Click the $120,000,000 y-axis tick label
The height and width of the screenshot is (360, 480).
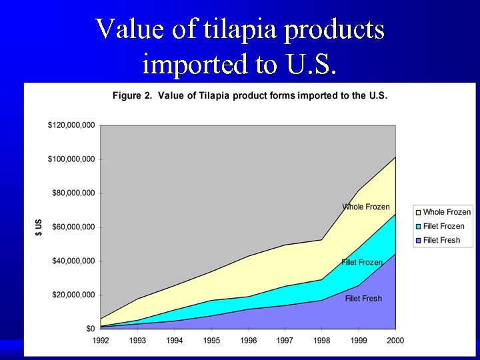71,125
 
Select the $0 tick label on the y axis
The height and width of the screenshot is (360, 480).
89,329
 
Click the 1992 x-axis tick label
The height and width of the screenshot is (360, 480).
100,340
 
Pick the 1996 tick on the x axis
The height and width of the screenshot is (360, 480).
248,340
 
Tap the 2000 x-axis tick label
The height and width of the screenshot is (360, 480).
395,340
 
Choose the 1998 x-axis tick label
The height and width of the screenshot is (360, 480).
322,340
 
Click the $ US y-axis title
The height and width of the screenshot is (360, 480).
39,227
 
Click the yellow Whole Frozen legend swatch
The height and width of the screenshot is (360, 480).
418,213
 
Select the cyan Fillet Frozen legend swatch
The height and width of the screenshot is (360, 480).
418,227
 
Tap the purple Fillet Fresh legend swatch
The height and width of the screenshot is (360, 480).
418,241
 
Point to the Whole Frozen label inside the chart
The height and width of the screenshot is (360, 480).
365,207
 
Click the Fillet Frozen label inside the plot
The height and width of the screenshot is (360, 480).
362,263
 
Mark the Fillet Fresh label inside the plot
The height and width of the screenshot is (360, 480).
363,298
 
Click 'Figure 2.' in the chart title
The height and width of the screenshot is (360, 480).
131,96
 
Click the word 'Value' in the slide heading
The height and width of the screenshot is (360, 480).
127,29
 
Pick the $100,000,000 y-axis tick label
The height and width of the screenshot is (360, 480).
71,159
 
